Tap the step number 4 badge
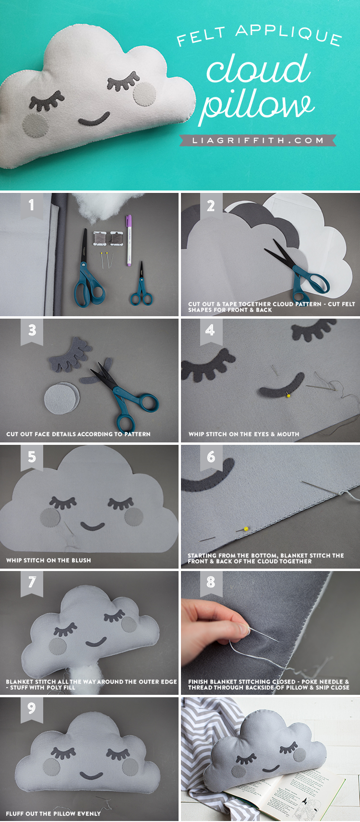(210, 332)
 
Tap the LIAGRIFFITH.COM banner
(258, 140)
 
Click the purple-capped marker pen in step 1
(129, 240)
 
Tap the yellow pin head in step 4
(289, 395)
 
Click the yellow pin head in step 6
(246, 529)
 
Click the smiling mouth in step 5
(93, 527)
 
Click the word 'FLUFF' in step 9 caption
(15, 813)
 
